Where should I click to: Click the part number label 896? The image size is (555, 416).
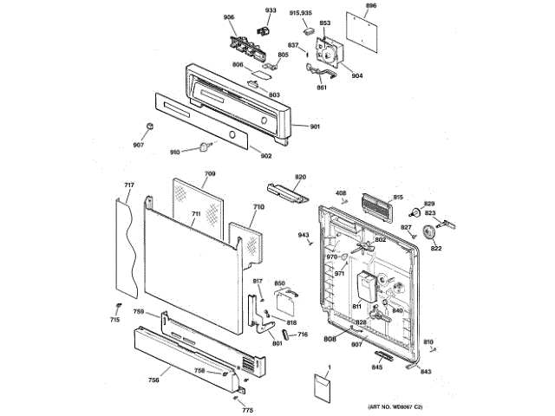coord(371,6)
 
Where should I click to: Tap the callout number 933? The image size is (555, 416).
coord(271,10)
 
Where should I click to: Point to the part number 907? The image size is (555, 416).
coord(138,146)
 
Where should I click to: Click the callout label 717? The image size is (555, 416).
coord(128,185)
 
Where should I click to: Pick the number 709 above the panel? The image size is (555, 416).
coord(209,175)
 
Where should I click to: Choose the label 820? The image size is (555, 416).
coord(300,177)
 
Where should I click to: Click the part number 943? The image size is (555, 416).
coord(304,235)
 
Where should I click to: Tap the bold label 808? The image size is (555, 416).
coord(330,339)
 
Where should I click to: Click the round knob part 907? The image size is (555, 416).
coord(149,127)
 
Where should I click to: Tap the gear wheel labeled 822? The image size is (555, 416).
coord(435,235)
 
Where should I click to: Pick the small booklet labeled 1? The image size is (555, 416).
coord(323,387)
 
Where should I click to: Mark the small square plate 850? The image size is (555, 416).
coord(284,302)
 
